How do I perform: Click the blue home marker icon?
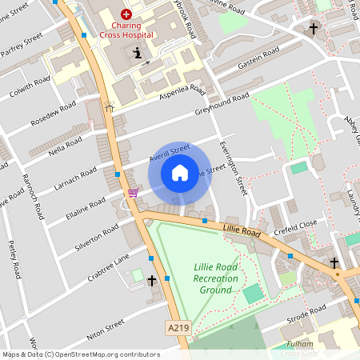pos(180,172)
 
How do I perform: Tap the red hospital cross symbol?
pos(126,14)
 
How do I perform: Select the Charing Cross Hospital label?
pos(126,30)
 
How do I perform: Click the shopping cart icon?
pos(133,193)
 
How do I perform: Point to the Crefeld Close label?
pos(296,226)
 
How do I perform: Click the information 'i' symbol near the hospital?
pos(137,54)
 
